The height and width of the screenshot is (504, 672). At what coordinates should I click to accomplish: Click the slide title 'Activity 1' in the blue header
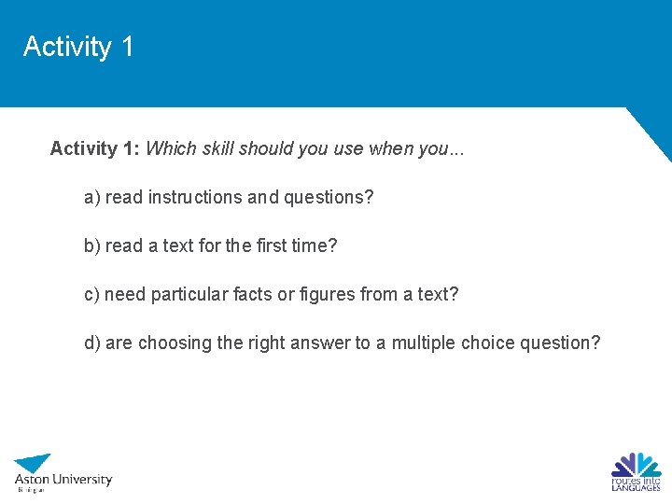pyautogui.click(x=78, y=47)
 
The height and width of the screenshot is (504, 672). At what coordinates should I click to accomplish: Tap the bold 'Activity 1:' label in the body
pyautogui.click(x=96, y=148)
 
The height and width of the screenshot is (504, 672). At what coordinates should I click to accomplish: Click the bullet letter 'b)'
pyautogui.click(x=92, y=245)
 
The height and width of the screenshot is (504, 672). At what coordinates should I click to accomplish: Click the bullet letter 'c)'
pyautogui.click(x=91, y=294)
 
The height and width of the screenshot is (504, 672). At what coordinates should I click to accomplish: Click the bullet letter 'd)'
pyautogui.click(x=92, y=343)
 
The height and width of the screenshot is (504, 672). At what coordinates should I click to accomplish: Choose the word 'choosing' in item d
pyautogui.click(x=175, y=343)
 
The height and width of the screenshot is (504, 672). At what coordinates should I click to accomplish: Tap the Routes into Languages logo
pyautogui.click(x=637, y=471)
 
